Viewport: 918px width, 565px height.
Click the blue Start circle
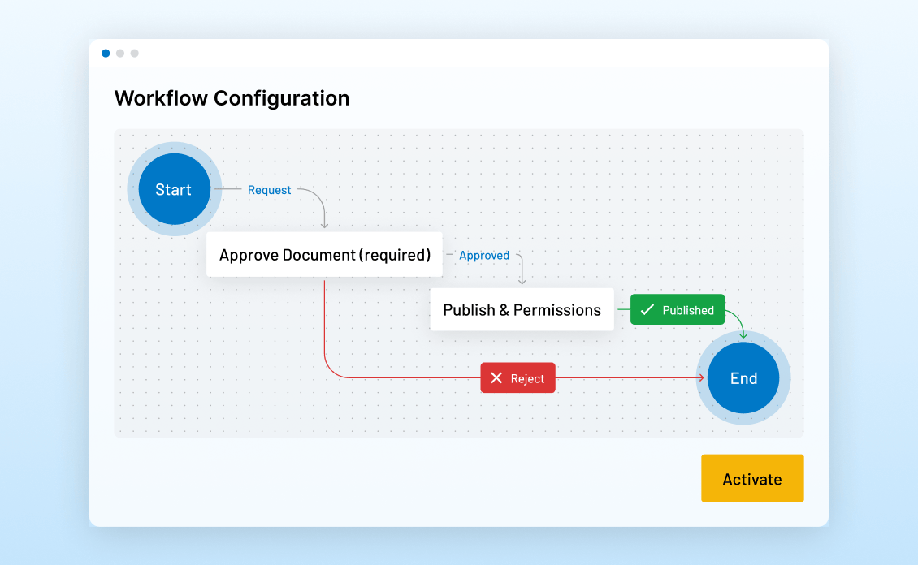[x=174, y=189]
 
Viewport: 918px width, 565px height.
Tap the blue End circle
[x=743, y=378]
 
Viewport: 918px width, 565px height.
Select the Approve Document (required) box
[x=324, y=255]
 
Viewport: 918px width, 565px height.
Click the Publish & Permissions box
[x=522, y=310]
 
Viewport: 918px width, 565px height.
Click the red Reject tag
[x=517, y=378]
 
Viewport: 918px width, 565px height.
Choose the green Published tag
[x=678, y=310]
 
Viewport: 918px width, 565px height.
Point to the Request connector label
[x=269, y=190]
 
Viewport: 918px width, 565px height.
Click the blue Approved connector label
[x=484, y=255]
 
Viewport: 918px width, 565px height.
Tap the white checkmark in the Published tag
[x=647, y=309]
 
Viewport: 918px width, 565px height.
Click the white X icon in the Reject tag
[x=496, y=378]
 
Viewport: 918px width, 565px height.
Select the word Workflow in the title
[x=161, y=98]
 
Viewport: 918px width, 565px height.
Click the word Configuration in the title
[x=281, y=98]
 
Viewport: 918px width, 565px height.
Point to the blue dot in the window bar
[x=106, y=54]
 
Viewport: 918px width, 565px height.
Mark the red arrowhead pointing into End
[x=701, y=378]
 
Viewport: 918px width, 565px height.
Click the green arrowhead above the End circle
[x=743, y=334]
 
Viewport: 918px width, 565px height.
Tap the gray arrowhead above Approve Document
[x=324, y=225]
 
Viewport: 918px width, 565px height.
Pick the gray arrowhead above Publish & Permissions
[x=522, y=281]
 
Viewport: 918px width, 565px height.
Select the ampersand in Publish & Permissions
[x=505, y=310]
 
